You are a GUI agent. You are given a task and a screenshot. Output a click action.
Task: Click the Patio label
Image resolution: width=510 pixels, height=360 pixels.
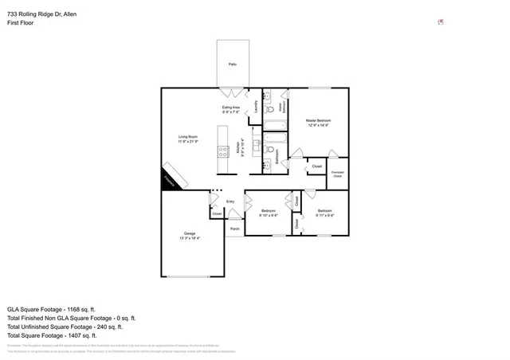[233, 64]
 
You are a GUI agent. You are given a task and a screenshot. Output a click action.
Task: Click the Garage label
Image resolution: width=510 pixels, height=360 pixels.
[190, 235]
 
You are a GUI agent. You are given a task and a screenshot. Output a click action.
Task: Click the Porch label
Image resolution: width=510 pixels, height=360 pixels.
[234, 229]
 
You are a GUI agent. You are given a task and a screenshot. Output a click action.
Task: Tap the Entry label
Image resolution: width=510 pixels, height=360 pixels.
[230, 202]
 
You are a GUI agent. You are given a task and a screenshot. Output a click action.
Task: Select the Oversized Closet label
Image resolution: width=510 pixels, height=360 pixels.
[337, 174]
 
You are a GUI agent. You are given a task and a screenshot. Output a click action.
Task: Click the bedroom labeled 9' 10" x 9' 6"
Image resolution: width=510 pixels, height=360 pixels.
[269, 213]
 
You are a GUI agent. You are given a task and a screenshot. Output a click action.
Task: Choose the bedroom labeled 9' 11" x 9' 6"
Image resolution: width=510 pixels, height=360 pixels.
[324, 213]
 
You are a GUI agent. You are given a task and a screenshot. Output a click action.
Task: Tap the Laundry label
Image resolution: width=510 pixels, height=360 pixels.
[256, 105]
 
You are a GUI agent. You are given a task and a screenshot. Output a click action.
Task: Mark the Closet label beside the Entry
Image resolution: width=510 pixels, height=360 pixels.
[217, 213]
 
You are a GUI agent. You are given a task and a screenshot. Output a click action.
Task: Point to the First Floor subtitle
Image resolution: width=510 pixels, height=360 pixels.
[21, 23]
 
